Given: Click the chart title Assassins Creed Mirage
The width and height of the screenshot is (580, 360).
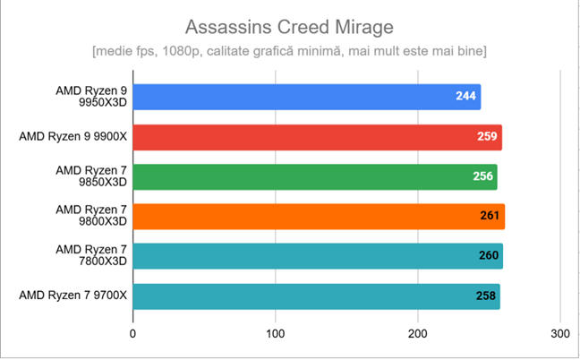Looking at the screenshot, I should tap(290, 24).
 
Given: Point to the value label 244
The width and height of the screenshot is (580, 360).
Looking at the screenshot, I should tap(465, 97).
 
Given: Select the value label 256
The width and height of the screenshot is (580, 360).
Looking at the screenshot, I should tap(483, 176).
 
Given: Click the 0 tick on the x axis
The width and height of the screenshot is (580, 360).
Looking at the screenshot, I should tap(132, 333).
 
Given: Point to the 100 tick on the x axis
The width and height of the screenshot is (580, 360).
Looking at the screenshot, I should tap(276, 333).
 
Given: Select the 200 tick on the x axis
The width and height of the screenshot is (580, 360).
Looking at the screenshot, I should tap(418, 333).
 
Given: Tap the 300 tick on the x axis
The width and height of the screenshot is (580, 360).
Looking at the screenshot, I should tap(560, 333).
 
